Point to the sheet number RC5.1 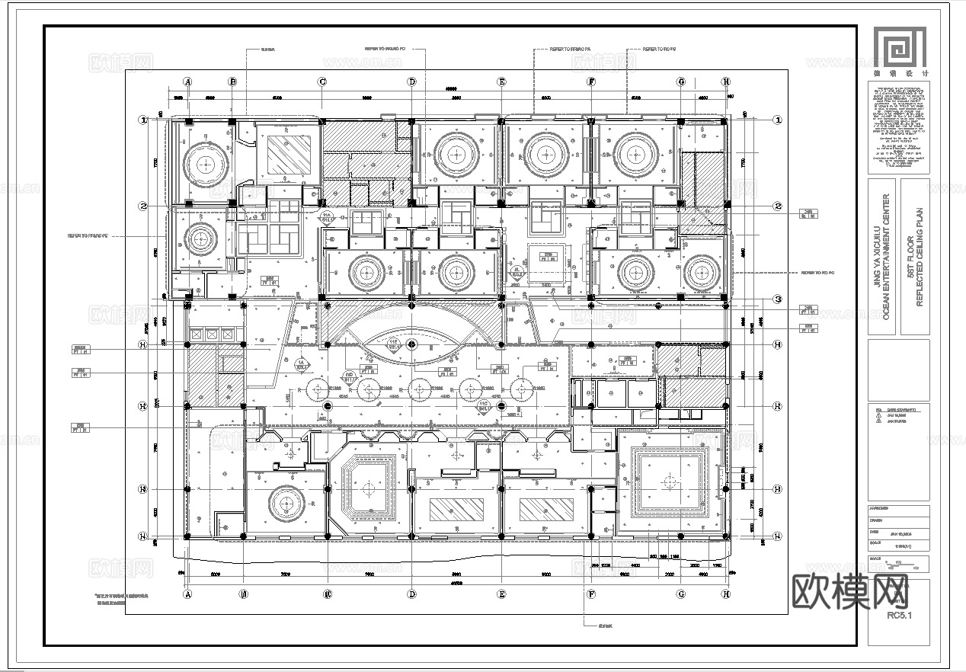(x=900, y=617)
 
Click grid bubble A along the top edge (x=187, y=82)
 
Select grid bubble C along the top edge (x=322, y=82)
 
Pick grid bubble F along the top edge (x=590, y=82)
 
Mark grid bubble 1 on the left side (x=142, y=120)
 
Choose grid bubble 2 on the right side (x=777, y=206)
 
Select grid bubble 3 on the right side (x=777, y=299)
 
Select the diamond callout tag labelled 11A (x=327, y=219)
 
